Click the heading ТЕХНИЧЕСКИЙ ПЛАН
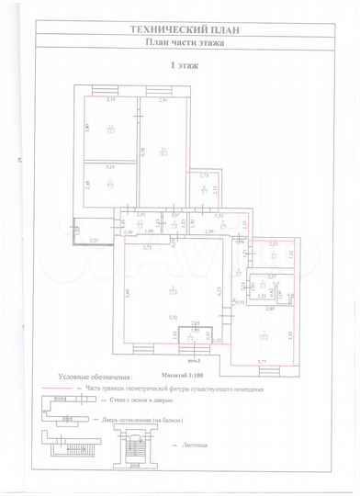[x=179, y=29]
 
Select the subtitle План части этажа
[x=179, y=41]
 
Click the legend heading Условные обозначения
[x=95, y=377]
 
